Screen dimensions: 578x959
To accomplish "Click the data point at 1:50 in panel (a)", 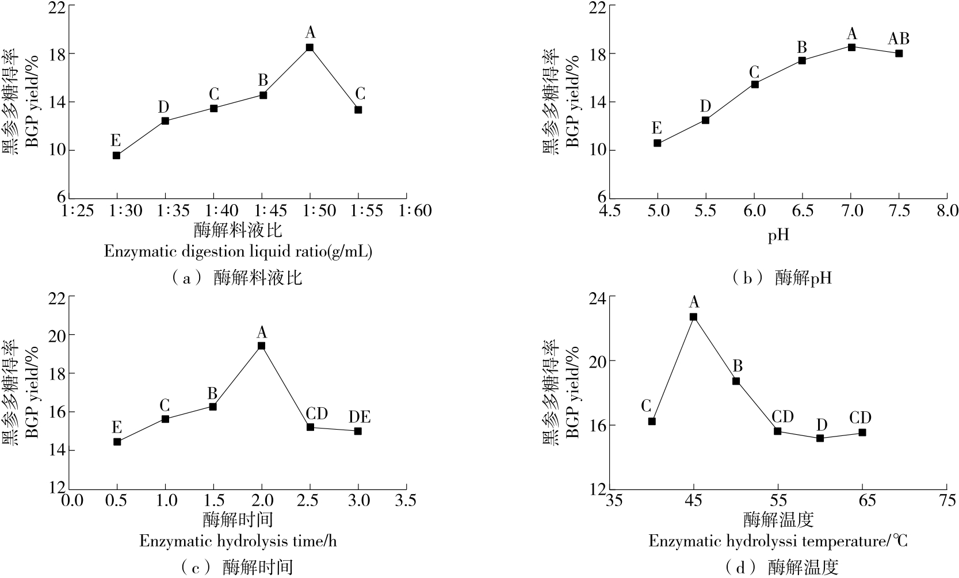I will pyautogui.click(x=310, y=47).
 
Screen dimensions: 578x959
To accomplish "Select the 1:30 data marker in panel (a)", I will pyautogui.click(x=116, y=155).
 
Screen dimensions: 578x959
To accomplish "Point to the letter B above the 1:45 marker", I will pyautogui.click(x=263, y=79).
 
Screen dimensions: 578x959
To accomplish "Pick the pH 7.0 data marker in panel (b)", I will pyautogui.click(x=851, y=47).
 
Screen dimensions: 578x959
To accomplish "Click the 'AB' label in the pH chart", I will pyautogui.click(x=899, y=39).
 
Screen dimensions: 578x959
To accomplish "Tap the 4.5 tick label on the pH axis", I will pyautogui.click(x=609, y=211).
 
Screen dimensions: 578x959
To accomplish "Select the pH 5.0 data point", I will pyautogui.click(x=657, y=143).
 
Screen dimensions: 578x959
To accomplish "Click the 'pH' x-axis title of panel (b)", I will pyautogui.click(x=778, y=235).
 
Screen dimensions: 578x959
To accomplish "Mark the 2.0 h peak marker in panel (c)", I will pyautogui.click(x=261, y=346).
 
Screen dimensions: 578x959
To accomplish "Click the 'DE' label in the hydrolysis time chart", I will pyautogui.click(x=359, y=416).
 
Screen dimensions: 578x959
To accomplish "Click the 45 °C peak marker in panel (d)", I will pyautogui.click(x=693, y=316).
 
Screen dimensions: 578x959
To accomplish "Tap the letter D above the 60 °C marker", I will pyautogui.click(x=822, y=424).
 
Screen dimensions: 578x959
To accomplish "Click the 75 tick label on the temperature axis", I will pyautogui.click(x=947, y=501).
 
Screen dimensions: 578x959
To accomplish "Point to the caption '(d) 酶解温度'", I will pyautogui.click(x=785, y=568).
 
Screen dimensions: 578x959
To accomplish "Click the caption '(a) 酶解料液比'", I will pyautogui.click(x=236, y=279).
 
